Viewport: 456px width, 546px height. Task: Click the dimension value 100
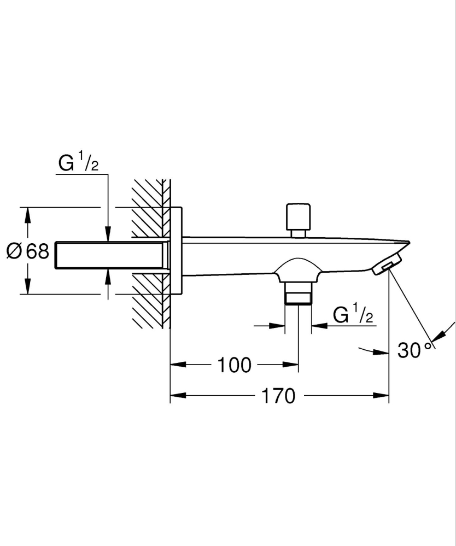[x=235, y=365]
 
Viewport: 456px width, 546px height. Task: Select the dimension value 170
[x=278, y=396]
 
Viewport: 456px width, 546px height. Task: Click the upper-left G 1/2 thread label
[x=78, y=164]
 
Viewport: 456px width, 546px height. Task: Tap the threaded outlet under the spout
[x=298, y=293]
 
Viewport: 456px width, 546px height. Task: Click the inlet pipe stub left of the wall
[x=109, y=255]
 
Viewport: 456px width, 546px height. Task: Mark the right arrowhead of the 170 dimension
[x=383, y=396]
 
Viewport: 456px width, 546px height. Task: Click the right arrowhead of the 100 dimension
[x=292, y=365]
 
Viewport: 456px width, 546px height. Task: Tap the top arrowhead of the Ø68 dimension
[x=27, y=214]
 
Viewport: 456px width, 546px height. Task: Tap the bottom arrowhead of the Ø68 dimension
[x=27, y=288]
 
